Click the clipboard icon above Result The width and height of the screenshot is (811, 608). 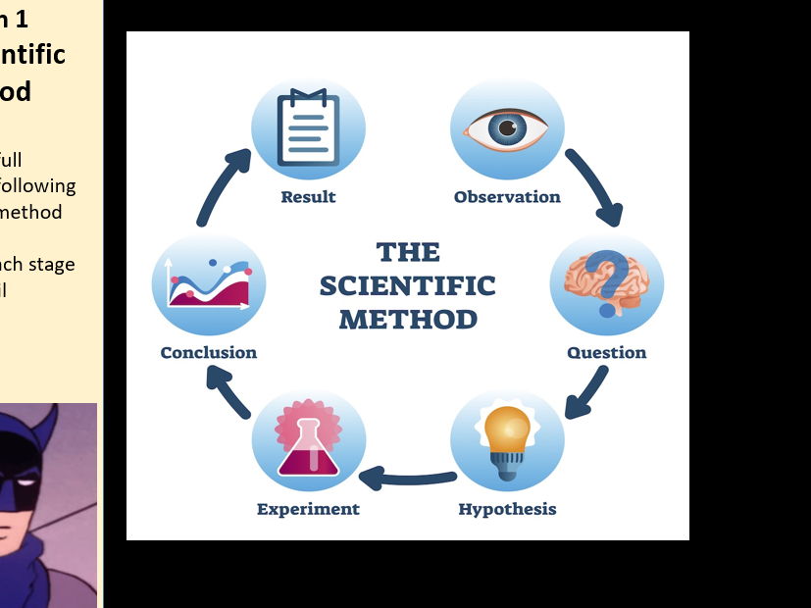tap(308, 128)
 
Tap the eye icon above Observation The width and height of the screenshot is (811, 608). tap(507, 128)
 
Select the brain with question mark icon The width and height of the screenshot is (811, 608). tap(606, 283)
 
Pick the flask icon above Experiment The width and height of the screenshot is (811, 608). tap(308, 441)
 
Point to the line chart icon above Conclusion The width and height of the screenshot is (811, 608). tap(209, 284)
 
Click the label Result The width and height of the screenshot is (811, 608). tap(308, 197)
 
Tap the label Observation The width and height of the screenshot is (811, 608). tap(507, 197)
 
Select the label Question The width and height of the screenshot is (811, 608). tap(606, 353)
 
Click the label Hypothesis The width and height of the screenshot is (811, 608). tap(507, 509)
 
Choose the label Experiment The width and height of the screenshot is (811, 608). tap(308, 509)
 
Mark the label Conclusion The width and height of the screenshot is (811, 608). tap(209, 353)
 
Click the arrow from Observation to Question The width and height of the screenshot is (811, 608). tap(597, 186)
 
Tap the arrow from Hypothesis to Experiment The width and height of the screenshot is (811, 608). tap(407, 479)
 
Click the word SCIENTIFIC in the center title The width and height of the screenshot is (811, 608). tap(407, 286)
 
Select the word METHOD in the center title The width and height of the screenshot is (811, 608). tap(408, 320)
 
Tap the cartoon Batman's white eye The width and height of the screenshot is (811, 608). tap(17, 486)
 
